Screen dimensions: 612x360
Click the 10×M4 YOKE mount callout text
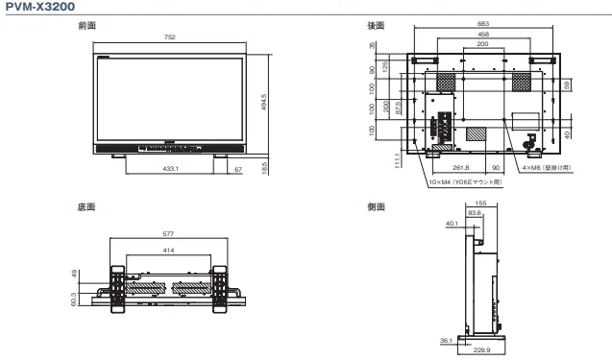click(465, 180)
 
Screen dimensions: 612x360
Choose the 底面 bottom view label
click(86, 205)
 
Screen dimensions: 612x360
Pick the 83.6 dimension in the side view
click(475, 213)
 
